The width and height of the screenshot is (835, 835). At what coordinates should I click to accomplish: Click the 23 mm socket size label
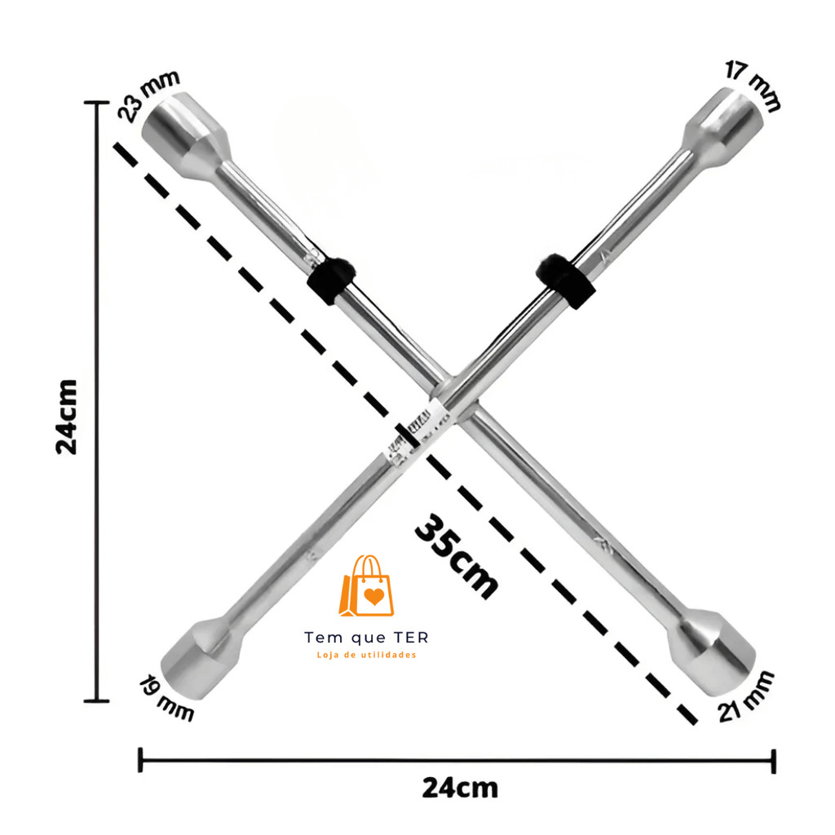148,95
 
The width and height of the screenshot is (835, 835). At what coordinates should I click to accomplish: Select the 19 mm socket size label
166,698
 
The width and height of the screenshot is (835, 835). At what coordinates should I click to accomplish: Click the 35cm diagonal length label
457,556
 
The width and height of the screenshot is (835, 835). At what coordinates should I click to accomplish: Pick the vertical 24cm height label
67,417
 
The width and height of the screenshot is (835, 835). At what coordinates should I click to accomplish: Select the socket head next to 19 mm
202,656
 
